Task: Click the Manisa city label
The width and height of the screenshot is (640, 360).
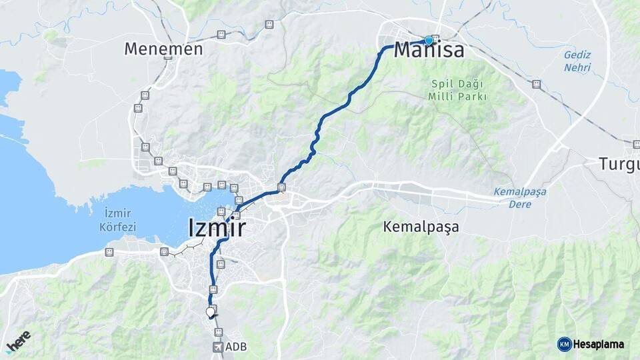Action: (x=429, y=50)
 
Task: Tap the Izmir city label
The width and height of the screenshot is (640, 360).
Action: (x=217, y=228)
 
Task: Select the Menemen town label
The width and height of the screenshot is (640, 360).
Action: (x=163, y=49)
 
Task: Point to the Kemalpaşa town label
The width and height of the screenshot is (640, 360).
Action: (x=421, y=227)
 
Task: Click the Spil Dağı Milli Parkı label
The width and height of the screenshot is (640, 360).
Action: (x=457, y=90)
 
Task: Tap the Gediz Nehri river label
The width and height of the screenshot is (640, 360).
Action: (x=578, y=61)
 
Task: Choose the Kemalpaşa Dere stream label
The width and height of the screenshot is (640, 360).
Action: (x=520, y=198)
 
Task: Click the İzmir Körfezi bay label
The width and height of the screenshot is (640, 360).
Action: (x=120, y=220)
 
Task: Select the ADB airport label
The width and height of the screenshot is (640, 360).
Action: (x=236, y=347)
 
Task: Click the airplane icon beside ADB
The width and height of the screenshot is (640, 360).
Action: (x=218, y=347)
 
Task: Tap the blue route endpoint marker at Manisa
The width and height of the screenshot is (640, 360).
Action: (x=429, y=40)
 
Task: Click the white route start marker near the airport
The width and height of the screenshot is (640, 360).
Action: (x=211, y=311)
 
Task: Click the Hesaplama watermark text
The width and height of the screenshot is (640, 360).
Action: (x=599, y=344)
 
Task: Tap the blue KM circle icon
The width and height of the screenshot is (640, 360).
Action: (x=565, y=344)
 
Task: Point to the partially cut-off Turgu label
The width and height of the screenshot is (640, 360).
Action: (x=619, y=163)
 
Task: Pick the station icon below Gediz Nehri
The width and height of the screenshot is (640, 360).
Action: (x=536, y=85)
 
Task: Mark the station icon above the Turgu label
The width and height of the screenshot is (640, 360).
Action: (x=636, y=144)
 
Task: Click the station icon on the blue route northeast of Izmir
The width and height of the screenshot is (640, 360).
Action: (x=281, y=187)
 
